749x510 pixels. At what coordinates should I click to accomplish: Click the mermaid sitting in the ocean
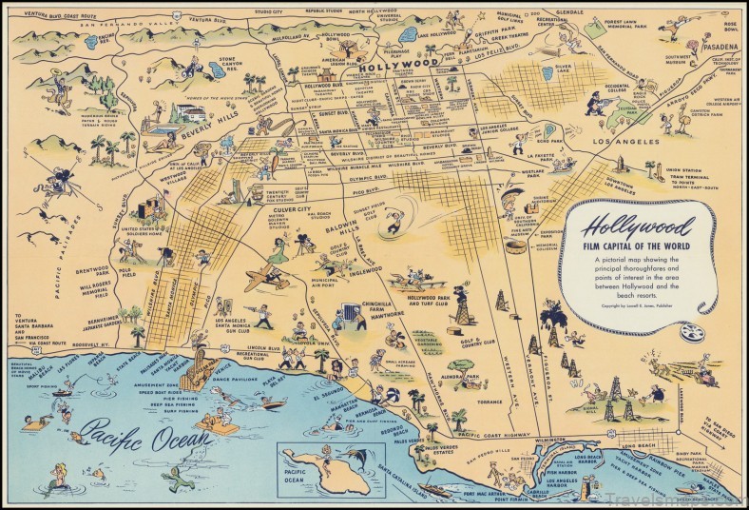(x=60, y=473)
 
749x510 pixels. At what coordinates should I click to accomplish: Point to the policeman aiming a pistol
(x=602, y=102)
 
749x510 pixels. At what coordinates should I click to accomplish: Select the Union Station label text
(x=663, y=172)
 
